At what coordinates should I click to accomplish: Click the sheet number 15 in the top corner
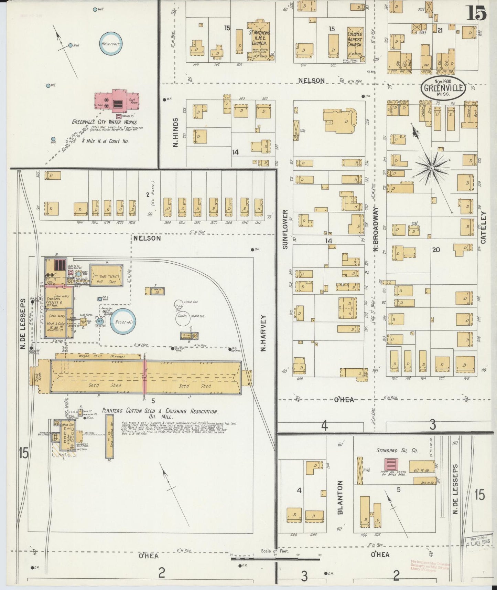pyautogui.click(x=476, y=14)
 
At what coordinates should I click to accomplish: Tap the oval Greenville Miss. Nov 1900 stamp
pyautogui.click(x=443, y=88)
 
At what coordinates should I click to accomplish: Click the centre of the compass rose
pyautogui.click(x=431, y=168)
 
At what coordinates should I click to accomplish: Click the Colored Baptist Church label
pyautogui.click(x=355, y=39)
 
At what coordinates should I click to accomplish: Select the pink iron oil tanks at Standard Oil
pyautogui.click(x=390, y=464)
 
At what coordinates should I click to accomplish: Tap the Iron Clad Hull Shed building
pyautogui.click(x=106, y=275)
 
